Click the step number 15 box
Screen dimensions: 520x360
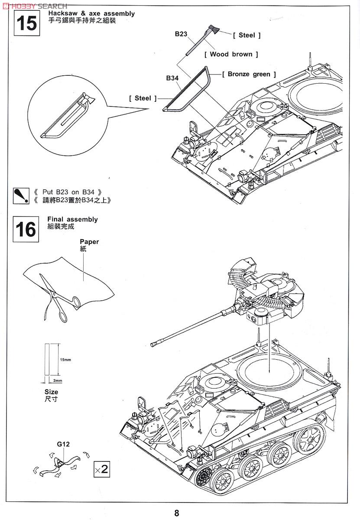coord(26,23)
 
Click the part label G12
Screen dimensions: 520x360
coord(63,444)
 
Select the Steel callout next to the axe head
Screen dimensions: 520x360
coord(246,35)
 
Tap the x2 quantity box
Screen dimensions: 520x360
coord(101,470)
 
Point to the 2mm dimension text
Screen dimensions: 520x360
coord(58,380)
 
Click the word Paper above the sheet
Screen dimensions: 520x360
coord(89,242)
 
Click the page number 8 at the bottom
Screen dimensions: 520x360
coord(177,513)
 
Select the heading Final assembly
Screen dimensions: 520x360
coord(72,219)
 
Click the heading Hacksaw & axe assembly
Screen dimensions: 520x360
coord(91,14)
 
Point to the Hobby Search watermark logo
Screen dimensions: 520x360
coord(35,6)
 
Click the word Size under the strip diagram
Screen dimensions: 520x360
coord(51,391)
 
